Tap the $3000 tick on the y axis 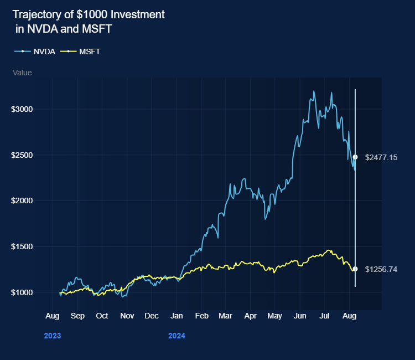[x=23, y=109]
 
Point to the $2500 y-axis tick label [x=23, y=155]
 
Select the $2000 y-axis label [x=23, y=200]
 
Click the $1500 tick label [x=23, y=246]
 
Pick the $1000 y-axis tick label [x=23, y=292]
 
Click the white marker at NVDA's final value [x=355, y=157]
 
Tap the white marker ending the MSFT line [x=355, y=269]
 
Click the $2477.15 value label [x=381, y=157]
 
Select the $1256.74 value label [x=381, y=269]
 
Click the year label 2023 [x=52, y=336]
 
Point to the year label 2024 [x=177, y=336]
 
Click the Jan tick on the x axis [x=177, y=316]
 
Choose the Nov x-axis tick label [x=127, y=316]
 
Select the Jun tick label [x=300, y=316]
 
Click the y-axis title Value [x=22, y=73]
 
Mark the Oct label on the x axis [x=102, y=316]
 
